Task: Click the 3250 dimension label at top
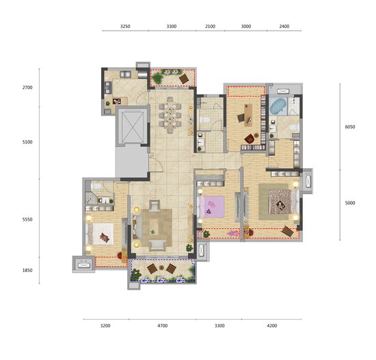click(x=125, y=27)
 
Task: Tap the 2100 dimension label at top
click(x=210, y=27)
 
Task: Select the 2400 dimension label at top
click(x=284, y=27)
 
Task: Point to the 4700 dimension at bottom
click(x=162, y=326)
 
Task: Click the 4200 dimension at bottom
click(x=272, y=326)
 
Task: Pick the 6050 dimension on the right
click(x=350, y=127)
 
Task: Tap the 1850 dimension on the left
click(x=27, y=271)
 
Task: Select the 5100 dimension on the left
click(x=27, y=142)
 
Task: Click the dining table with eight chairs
click(x=170, y=115)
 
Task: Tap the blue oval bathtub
click(x=278, y=107)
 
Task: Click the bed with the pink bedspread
click(x=211, y=207)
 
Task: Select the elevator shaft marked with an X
click(x=133, y=126)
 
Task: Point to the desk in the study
click(x=248, y=115)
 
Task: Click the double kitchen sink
click(x=125, y=74)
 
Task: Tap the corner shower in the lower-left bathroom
click(x=91, y=198)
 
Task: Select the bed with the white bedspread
click(x=100, y=234)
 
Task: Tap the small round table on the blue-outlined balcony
click(x=161, y=268)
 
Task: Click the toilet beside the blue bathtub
click(x=295, y=127)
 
